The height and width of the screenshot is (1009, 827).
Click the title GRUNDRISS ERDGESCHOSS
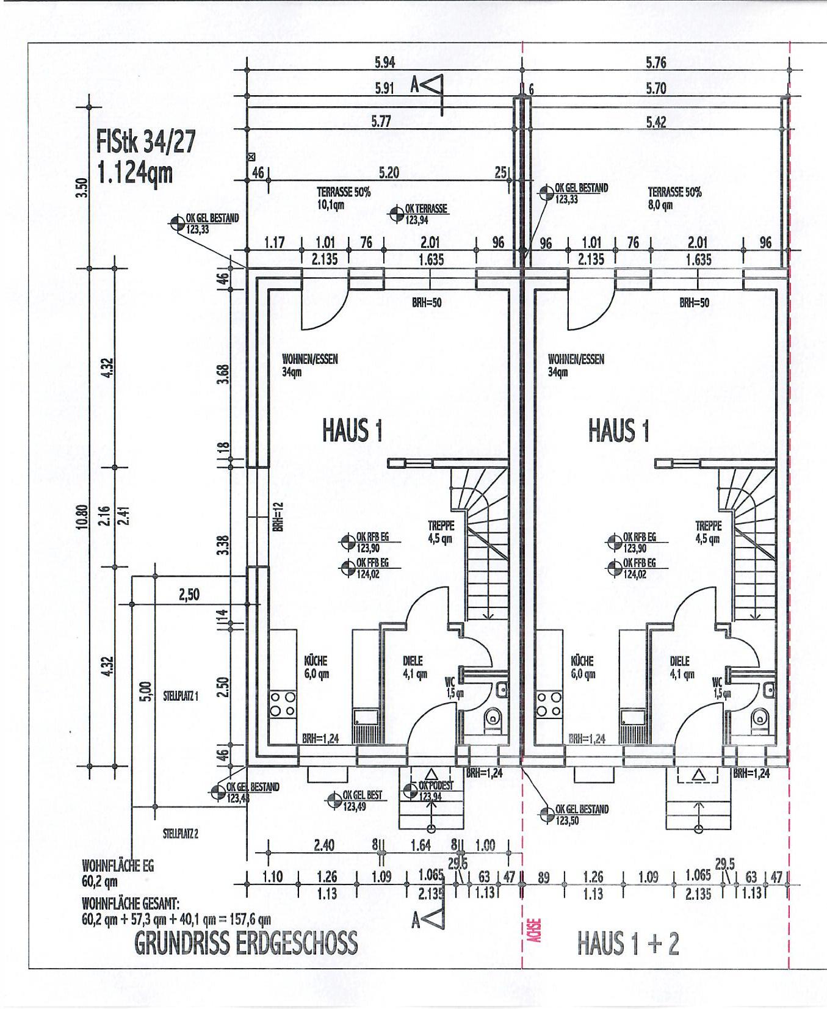coord(245,943)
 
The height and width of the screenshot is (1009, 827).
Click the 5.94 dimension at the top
coord(385,62)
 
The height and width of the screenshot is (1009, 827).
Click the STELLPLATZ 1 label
coord(181,696)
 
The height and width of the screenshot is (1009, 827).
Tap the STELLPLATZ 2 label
coord(180,834)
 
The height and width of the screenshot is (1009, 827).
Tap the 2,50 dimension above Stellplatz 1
coord(189,594)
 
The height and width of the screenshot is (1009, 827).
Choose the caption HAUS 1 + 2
coord(628,943)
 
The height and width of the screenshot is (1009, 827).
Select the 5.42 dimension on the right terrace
coord(656,122)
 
